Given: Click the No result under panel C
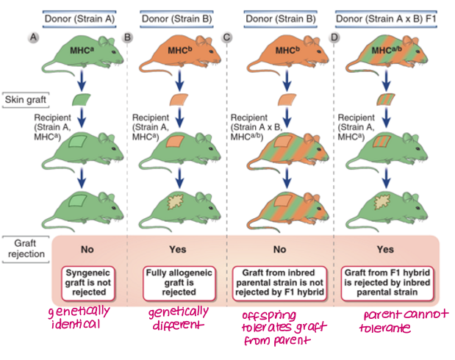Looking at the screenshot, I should pos(282,249).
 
